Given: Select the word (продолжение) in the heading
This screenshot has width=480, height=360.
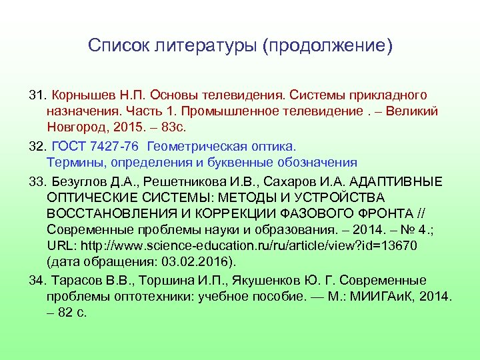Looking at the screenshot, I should pos(327,47).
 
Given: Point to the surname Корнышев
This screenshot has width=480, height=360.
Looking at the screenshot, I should pos(82,95).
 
